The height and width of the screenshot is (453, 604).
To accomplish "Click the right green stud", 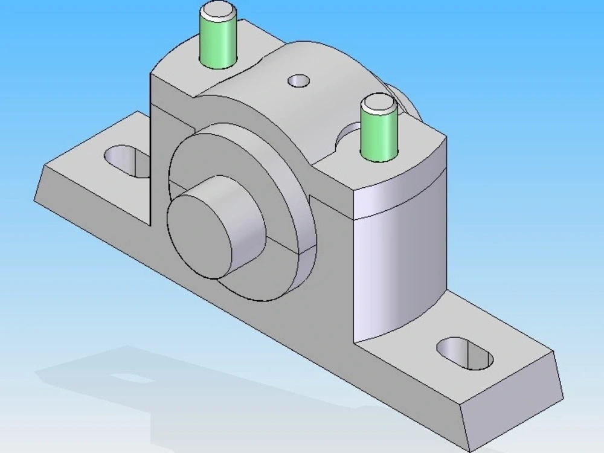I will coord(378,136).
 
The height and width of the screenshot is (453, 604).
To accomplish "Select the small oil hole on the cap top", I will coord(298,80).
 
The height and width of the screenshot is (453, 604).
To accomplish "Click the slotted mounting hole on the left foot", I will coord(127,161).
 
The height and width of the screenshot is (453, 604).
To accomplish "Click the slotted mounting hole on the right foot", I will coord(464,353).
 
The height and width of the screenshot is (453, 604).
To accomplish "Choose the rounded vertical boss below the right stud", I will coord(399,266).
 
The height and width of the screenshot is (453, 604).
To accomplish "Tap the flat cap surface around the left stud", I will coord(181,69).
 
